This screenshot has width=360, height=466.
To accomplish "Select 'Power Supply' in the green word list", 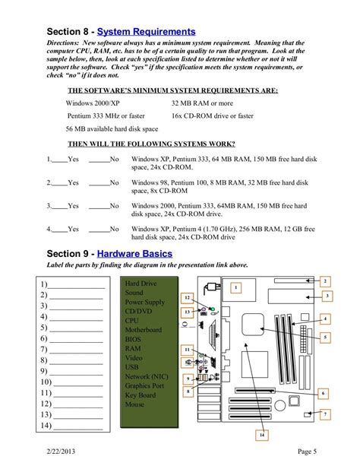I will tap(144, 302).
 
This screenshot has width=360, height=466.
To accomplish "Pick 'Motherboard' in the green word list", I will tap(143, 330).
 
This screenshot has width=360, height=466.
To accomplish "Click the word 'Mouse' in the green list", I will tap(134, 404).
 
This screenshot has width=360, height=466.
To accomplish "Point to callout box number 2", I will tap(324, 281).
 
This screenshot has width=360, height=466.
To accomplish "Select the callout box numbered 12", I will tap(187, 298).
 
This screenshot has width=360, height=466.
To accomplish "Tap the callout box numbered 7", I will tap(324, 414).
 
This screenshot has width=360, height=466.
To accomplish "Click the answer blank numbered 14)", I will tap(76, 427).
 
